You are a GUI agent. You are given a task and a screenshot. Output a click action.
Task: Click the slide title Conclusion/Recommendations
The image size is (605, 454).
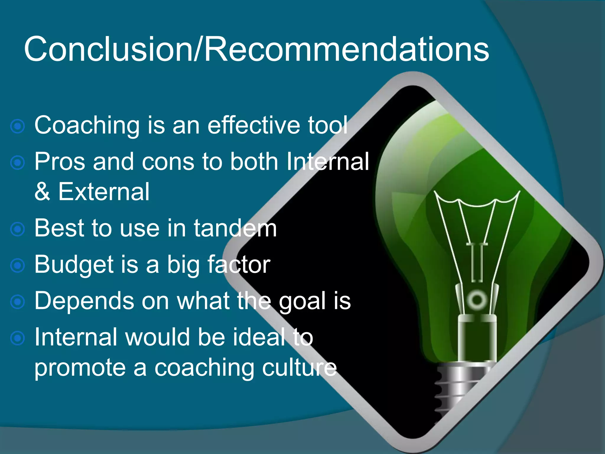pos(256,49)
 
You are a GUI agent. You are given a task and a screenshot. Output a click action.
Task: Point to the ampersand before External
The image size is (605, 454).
pos(42,192)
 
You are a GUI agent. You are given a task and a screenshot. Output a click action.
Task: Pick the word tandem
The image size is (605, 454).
pos(235,228)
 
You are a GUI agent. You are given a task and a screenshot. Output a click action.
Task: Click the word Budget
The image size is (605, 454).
pos(74,265)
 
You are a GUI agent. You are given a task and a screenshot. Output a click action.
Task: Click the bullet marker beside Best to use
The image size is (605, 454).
pos(17,229)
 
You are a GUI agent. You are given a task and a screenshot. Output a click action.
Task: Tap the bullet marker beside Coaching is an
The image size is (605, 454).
pos(17,127)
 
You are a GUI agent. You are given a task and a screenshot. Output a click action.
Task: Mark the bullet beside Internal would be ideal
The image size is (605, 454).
pos(17,338)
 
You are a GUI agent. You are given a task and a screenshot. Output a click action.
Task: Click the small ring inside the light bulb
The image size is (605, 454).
pos(477,300)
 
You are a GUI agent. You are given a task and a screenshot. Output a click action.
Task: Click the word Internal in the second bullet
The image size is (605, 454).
pos(328,162)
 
